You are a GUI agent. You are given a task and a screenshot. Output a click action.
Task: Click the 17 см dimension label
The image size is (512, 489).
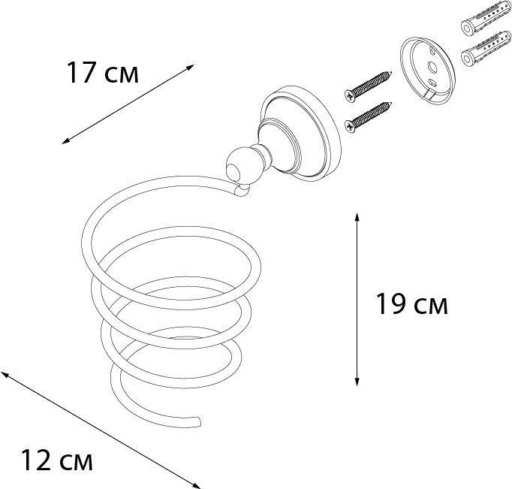coord(102,74)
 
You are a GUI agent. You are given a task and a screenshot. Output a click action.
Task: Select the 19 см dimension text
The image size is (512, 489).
coord(411,304)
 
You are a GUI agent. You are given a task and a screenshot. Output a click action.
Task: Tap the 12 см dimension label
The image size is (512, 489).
coord(56,459)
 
